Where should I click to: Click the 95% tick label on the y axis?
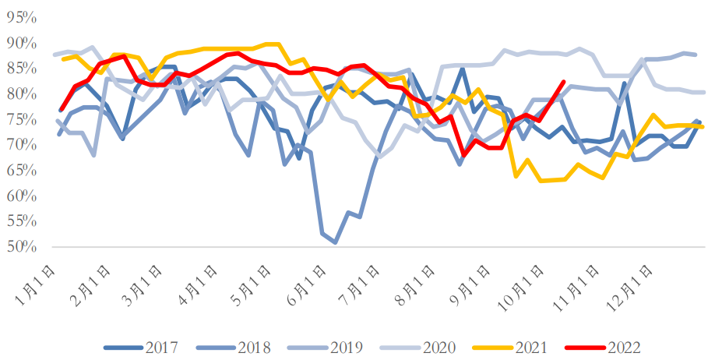pos(21,17)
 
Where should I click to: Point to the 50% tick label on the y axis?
pos(21,247)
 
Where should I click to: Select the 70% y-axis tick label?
pos(21,145)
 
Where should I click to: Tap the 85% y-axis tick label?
pos(21,69)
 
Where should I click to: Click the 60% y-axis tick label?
pos(21,196)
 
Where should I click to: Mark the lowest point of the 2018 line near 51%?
pos(335,242)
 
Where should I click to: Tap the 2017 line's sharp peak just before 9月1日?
pos(462,69)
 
